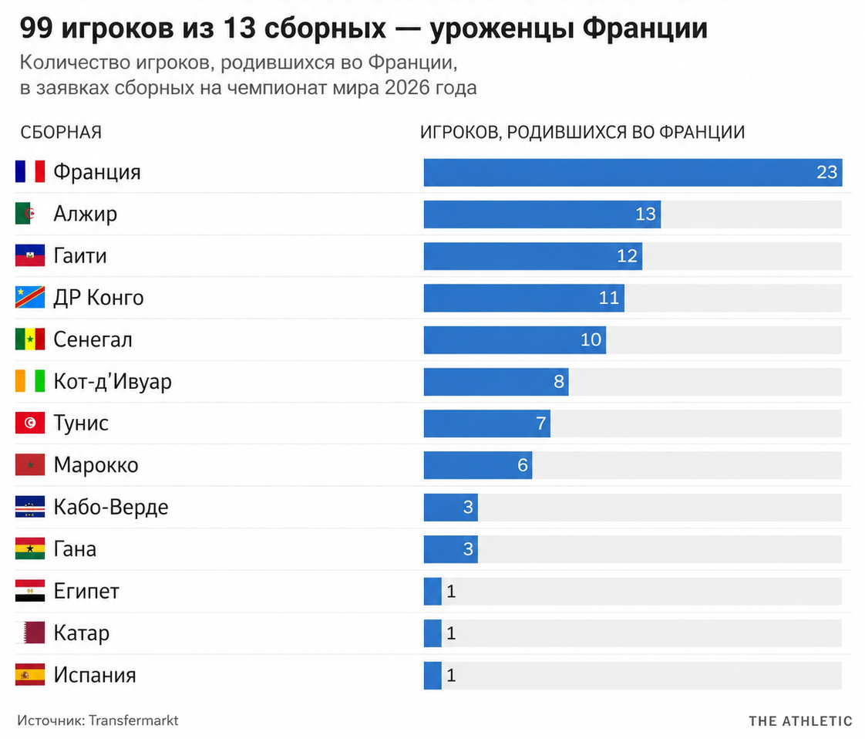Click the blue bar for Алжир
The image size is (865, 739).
(542, 214)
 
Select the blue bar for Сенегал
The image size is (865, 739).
(515, 340)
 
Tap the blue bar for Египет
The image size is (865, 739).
(432, 591)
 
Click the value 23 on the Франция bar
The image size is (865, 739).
(827, 172)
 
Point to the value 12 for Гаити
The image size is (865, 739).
(628, 256)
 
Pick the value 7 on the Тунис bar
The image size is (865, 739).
(541, 423)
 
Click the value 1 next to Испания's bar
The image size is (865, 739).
(451, 675)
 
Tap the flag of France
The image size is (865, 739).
(30, 172)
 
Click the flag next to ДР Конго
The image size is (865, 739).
(30, 298)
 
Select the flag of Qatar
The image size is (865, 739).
(33, 633)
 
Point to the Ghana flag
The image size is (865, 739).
(30, 548)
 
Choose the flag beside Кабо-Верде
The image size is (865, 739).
(30, 507)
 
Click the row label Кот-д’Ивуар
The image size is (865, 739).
(113, 382)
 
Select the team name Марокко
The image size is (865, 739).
(96, 465)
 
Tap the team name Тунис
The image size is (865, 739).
(81, 423)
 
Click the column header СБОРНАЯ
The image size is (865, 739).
(61, 133)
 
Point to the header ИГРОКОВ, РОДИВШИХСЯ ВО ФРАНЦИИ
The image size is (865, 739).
(583, 133)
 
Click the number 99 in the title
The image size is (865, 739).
(37, 28)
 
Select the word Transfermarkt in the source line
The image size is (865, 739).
(133, 720)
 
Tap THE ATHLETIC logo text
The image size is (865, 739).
(800, 721)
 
